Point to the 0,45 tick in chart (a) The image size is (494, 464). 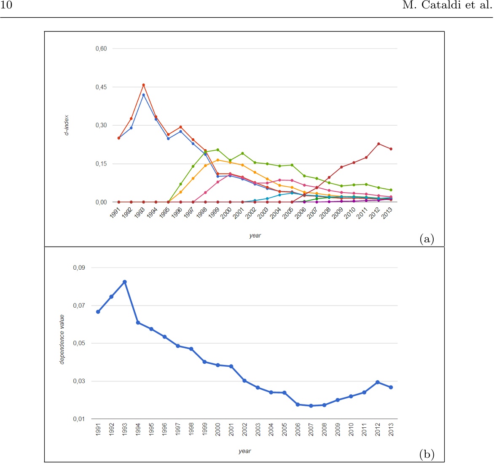101,87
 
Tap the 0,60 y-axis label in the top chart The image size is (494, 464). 101,49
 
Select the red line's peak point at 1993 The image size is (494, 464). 143,85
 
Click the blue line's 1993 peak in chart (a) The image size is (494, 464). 143,95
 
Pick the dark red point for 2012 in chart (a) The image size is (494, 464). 379,144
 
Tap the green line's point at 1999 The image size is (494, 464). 217,150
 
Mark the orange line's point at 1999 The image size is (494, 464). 217,160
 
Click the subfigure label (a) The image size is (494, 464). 427,239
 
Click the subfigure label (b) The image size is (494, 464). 427,454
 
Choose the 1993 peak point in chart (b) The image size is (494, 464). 125,282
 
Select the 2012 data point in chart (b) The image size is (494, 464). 378,382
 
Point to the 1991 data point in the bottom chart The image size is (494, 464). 98,312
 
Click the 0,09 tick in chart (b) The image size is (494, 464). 79,268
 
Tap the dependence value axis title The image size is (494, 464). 62,339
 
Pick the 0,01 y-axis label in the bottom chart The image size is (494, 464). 79,419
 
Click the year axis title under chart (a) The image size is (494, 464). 255,236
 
